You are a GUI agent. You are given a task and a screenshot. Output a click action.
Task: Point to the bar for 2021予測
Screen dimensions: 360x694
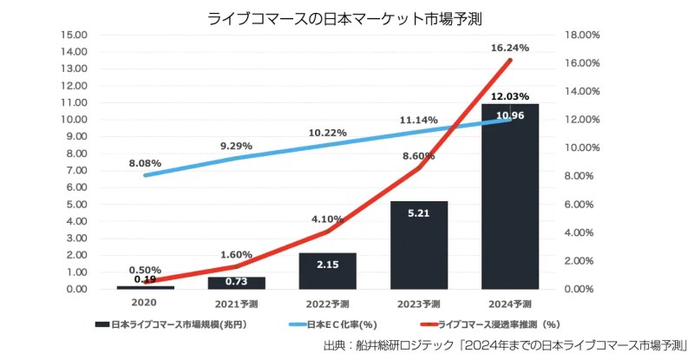236,283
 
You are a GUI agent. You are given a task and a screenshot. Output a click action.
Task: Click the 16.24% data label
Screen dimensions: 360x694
510,49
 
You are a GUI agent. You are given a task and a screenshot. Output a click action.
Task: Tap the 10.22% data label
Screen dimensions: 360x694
328,133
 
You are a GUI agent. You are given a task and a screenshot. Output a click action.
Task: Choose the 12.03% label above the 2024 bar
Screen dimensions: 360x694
510,96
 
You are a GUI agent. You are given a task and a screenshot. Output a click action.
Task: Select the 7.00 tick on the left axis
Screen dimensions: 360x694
77,170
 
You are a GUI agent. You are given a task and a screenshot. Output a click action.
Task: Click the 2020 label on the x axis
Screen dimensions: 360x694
144,304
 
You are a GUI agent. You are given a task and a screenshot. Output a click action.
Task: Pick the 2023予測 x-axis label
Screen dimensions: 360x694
418,304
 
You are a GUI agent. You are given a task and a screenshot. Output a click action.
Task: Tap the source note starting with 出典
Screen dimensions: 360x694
503,346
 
